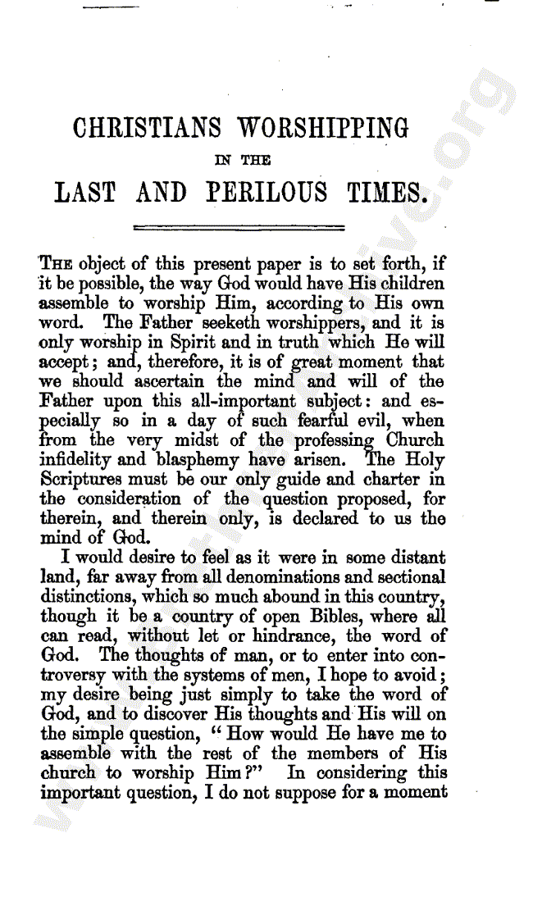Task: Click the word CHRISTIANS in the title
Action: [147, 129]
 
